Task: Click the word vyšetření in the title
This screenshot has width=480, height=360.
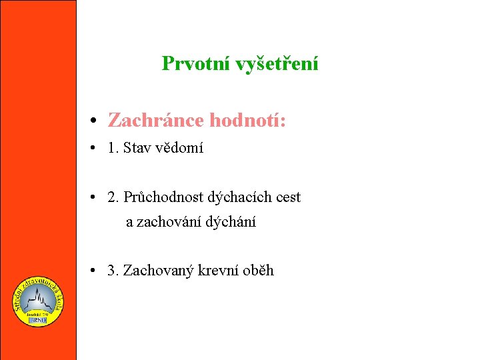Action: [x=277, y=64]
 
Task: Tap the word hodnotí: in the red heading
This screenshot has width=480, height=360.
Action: [x=248, y=121]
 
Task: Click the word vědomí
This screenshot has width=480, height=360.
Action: [x=179, y=148]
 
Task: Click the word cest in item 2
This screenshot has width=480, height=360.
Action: [x=286, y=197]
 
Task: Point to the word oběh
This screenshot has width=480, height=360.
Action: [x=258, y=271]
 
